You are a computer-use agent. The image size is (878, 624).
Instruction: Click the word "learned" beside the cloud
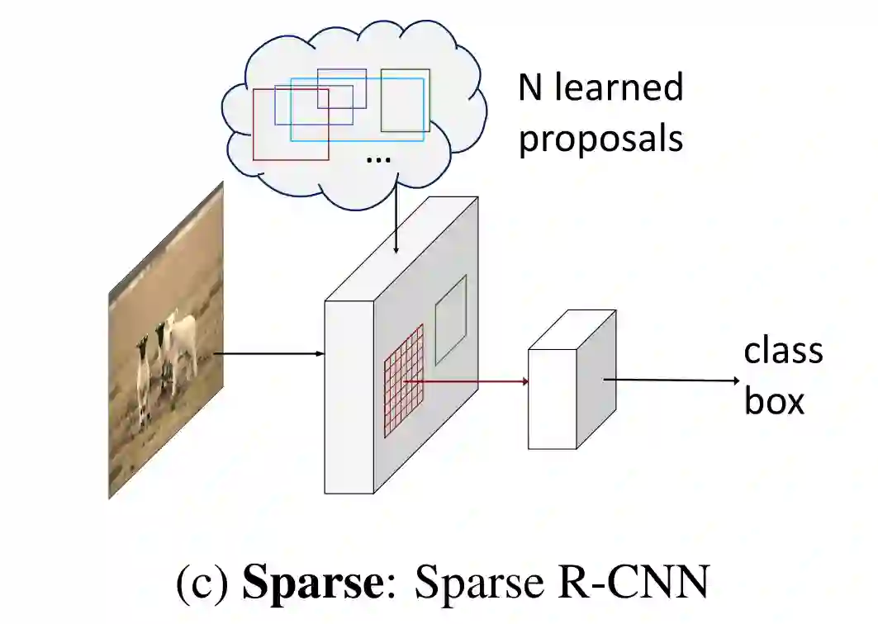coord(619,87)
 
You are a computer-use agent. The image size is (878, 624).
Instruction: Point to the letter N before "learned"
coord(531,87)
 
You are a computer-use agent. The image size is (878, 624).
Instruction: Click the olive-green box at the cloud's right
coord(405,101)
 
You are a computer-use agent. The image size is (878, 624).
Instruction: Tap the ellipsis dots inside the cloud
coord(377,158)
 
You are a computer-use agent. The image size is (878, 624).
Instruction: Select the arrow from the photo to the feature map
coord(268,354)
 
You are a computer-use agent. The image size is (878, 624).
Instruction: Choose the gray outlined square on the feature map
coord(451,319)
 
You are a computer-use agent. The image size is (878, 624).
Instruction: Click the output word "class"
coord(783,352)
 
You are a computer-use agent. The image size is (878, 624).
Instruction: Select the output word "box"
coord(774,401)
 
